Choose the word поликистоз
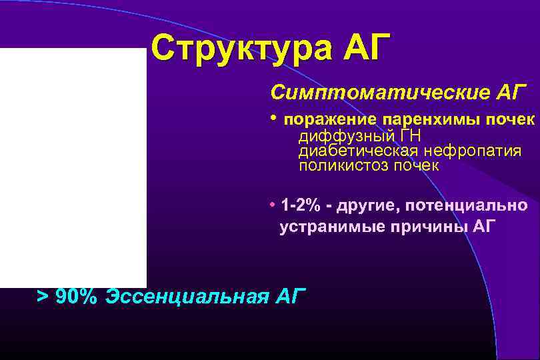click(x=339, y=166)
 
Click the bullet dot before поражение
click(x=273, y=118)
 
